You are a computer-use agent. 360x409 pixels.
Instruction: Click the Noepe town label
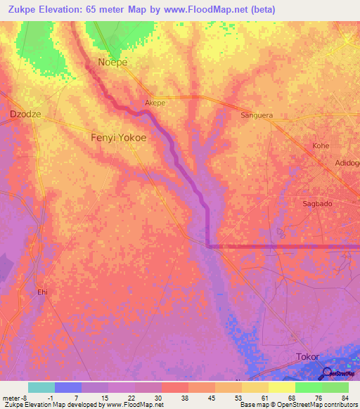click(x=112, y=62)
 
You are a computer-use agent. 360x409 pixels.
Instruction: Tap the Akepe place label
click(x=155, y=103)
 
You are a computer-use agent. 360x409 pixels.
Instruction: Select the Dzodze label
click(x=23, y=113)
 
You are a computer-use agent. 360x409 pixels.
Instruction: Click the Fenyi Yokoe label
click(x=119, y=138)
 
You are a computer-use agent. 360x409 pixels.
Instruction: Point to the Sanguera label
click(x=257, y=115)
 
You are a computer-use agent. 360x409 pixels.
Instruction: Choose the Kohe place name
click(x=321, y=145)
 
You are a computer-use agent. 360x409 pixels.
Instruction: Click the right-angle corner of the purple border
click(x=209, y=246)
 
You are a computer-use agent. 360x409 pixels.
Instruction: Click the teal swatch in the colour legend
click(x=41, y=387)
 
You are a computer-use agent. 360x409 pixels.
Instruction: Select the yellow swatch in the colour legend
click(x=281, y=387)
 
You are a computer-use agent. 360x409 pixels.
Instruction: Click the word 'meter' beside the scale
click(x=11, y=397)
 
